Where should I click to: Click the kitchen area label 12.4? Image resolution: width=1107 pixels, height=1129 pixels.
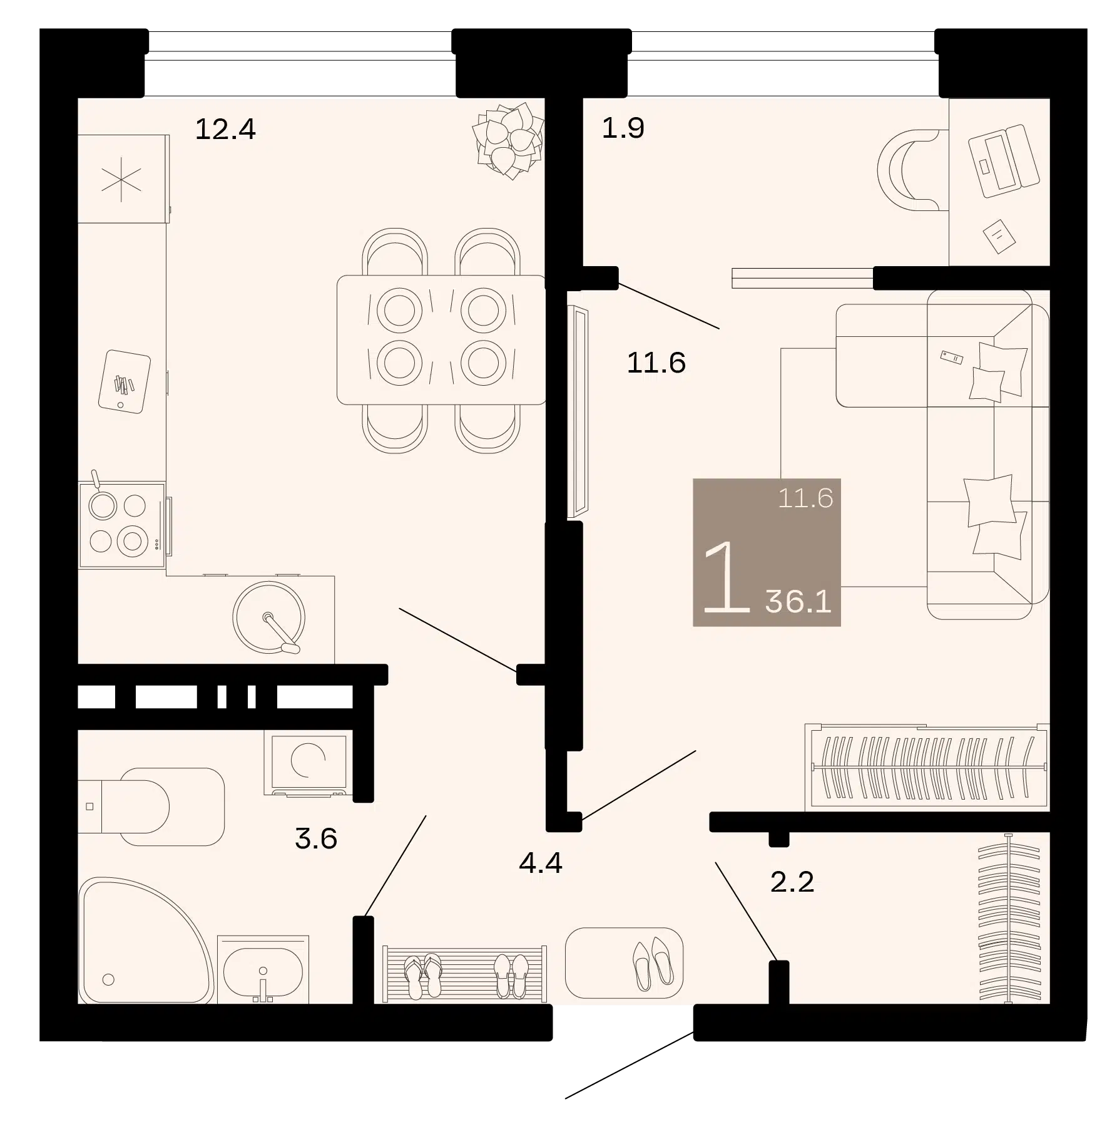click(x=225, y=130)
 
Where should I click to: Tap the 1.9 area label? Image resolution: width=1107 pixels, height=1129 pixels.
click(x=623, y=128)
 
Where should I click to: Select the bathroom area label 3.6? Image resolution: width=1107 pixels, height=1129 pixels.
click(x=316, y=838)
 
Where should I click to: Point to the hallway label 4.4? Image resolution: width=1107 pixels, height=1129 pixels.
click(x=541, y=863)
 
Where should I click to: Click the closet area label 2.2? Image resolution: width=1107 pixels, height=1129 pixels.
click(x=792, y=882)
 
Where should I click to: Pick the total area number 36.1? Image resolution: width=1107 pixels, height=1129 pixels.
click(x=798, y=602)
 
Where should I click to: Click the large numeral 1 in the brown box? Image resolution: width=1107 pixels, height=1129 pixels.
click(x=727, y=577)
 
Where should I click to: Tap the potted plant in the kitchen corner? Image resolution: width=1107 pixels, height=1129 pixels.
click(x=508, y=141)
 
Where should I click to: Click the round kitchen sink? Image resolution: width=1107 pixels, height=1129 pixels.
click(x=269, y=617)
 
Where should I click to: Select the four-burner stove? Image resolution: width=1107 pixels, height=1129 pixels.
click(x=122, y=524)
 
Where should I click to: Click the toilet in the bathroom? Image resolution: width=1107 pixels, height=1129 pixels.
click(x=151, y=807)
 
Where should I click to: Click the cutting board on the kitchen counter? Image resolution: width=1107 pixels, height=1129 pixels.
click(x=125, y=381)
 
